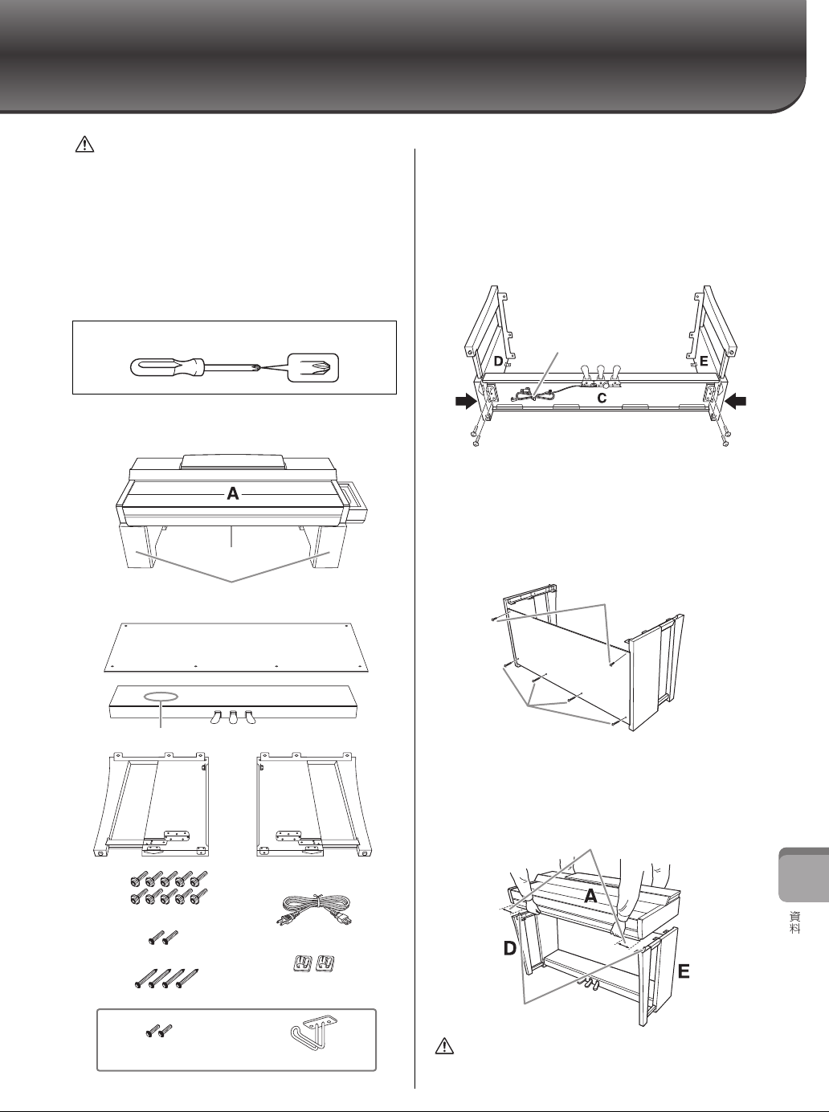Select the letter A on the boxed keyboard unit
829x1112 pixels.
tap(232, 495)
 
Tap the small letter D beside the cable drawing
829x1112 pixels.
tap(498, 362)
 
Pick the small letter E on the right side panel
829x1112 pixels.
tap(703, 362)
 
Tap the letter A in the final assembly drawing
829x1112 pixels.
tap(590, 897)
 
